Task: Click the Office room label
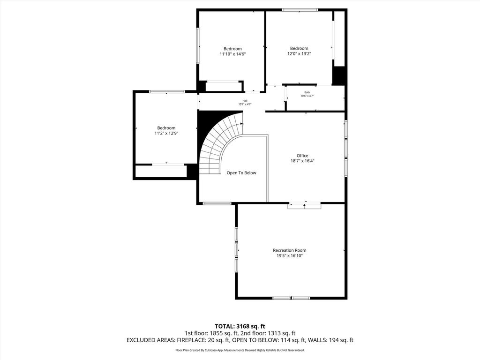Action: point(302,156)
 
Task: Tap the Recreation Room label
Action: point(290,250)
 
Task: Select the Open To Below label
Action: point(241,173)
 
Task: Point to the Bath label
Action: point(307,92)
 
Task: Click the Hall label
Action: point(245,101)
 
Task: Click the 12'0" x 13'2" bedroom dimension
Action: point(299,54)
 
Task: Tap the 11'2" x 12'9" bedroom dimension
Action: point(166,134)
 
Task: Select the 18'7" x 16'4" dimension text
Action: point(302,161)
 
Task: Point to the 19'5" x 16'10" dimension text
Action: point(290,256)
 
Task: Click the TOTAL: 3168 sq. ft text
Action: point(238,326)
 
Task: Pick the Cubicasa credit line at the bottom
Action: point(240,350)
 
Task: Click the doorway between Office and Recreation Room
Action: point(304,205)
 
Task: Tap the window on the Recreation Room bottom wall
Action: point(291,298)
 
